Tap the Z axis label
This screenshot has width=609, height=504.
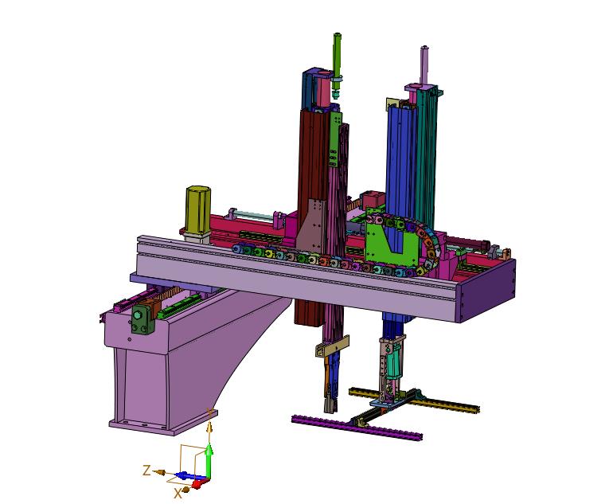click(146, 471)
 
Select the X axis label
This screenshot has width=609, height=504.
click(178, 494)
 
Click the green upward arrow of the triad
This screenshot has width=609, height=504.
click(209, 460)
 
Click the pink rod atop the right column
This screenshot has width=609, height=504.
click(424, 65)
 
